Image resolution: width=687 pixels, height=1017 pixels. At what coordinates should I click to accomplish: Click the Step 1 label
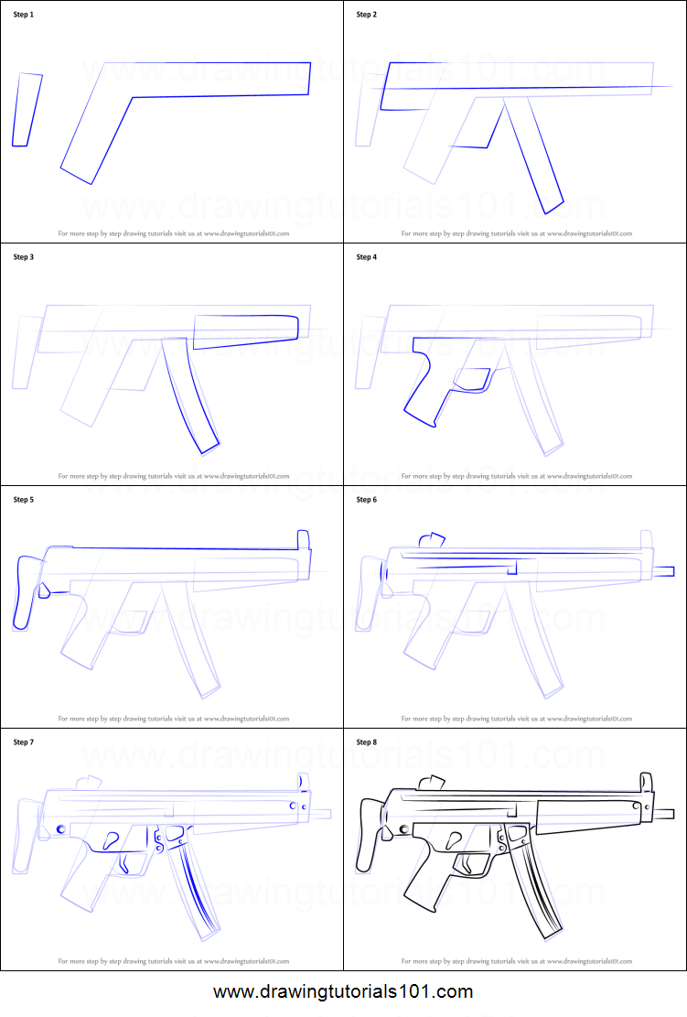coord(24,15)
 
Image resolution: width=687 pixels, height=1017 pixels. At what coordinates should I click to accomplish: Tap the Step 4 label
coord(366,257)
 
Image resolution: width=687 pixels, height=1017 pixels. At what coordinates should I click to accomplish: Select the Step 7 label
coord(24,742)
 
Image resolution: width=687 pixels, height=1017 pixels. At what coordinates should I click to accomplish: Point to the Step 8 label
coord(366,742)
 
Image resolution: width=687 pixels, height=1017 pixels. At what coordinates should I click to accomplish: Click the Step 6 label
coord(366,500)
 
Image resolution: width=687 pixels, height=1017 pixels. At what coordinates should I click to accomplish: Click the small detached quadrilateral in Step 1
coord(27,110)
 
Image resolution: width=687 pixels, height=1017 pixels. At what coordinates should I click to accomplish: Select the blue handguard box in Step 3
coord(246,330)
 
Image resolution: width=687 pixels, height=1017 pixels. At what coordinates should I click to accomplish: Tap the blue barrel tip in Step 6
coord(663,571)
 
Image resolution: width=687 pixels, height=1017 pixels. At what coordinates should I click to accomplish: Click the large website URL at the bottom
coord(344,992)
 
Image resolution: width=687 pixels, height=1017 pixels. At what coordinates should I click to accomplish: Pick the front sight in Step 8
coord(646,783)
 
